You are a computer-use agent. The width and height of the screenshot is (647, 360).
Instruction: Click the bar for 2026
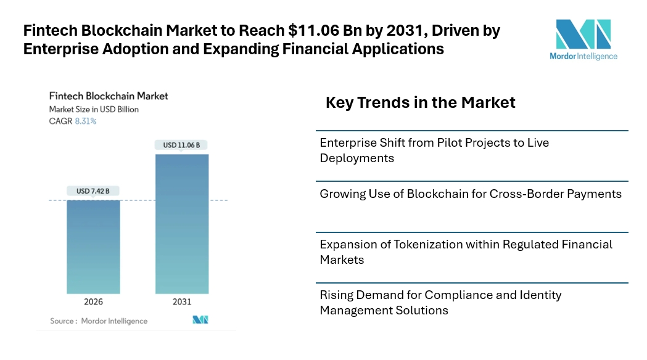(x=93, y=247)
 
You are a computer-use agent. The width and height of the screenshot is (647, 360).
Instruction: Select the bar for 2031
(x=182, y=224)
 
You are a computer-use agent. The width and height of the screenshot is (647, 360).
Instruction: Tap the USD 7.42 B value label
(x=93, y=191)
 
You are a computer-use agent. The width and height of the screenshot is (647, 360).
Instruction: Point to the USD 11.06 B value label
(x=181, y=145)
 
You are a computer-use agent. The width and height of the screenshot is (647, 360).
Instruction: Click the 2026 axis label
(x=93, y=302)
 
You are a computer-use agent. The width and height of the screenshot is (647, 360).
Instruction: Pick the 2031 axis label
(x=182, y=302)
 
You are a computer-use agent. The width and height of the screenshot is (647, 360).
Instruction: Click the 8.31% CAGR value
(x=85, y=121)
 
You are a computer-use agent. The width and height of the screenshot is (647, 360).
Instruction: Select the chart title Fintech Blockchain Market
(x=109, y=96)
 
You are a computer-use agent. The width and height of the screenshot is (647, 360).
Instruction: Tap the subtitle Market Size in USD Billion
(x=94, y=109)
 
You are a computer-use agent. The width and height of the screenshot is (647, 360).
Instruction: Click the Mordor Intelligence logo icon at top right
(x=583, y=35)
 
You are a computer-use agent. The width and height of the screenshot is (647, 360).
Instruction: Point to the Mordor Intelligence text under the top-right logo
(x=583, y=56)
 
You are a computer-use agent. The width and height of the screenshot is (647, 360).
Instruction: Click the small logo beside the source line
(x=200, y=319)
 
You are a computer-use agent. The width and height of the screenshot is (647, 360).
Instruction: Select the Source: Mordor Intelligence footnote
(x=99, y=321)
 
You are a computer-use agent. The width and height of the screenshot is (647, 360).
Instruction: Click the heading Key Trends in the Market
(x=421, y=102)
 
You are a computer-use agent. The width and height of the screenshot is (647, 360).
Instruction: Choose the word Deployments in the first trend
(x=357, y=158)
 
